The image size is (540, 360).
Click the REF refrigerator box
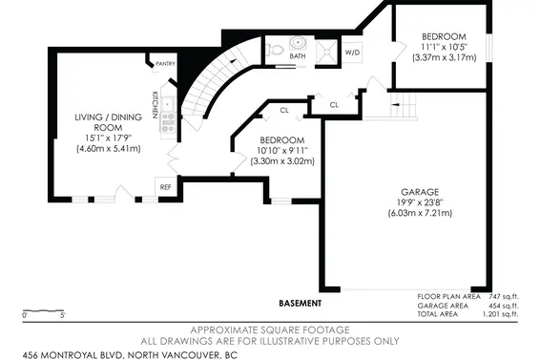pos(165,187)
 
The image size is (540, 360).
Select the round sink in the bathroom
pos(298,43)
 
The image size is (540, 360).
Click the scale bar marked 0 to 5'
pos(43,310)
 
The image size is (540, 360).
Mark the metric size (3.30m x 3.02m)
pos(282,161)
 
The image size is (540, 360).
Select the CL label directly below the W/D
pos(334,104)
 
